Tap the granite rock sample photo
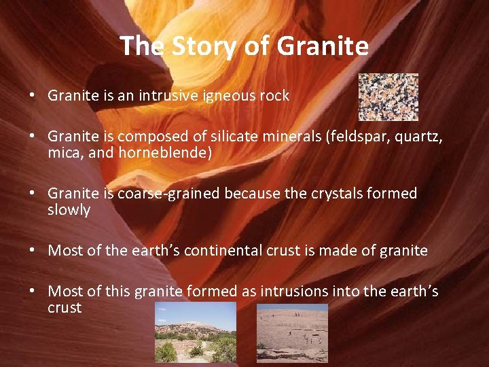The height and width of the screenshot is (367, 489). [x=388, y=97]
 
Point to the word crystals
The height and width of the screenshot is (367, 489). [x=319, y=194]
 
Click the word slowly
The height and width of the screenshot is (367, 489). [x=69, y=210]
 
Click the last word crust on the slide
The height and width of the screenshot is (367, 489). [x=65, y=308]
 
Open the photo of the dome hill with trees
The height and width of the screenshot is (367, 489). [x=196, y=332]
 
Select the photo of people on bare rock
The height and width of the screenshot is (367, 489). [x=292, y=332]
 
